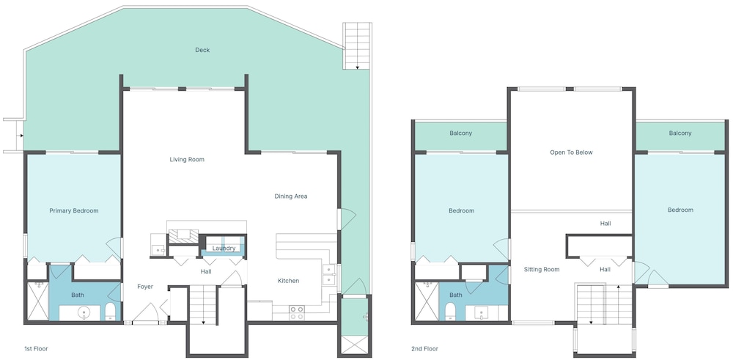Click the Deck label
pos(202,50)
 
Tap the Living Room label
pos(187,159)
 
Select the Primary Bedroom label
pos(74,211)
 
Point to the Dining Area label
pos(291,196)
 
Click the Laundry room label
pos(224,249)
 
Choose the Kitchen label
pos(288,281)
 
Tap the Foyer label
pos(145,287)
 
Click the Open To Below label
pos(571,153)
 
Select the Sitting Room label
pos(542,269)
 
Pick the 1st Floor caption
pos(36,349)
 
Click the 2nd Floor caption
pos(424,349)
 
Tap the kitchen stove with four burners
pos(296,312)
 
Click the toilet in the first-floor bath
pos(111,311)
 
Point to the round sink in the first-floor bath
pos(84,312)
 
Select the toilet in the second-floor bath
pos(450,311)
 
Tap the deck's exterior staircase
pos(357,45)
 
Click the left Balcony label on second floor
pos(461,133)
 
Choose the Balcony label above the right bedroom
pos(680,133)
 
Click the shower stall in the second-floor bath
pos(427,301)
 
